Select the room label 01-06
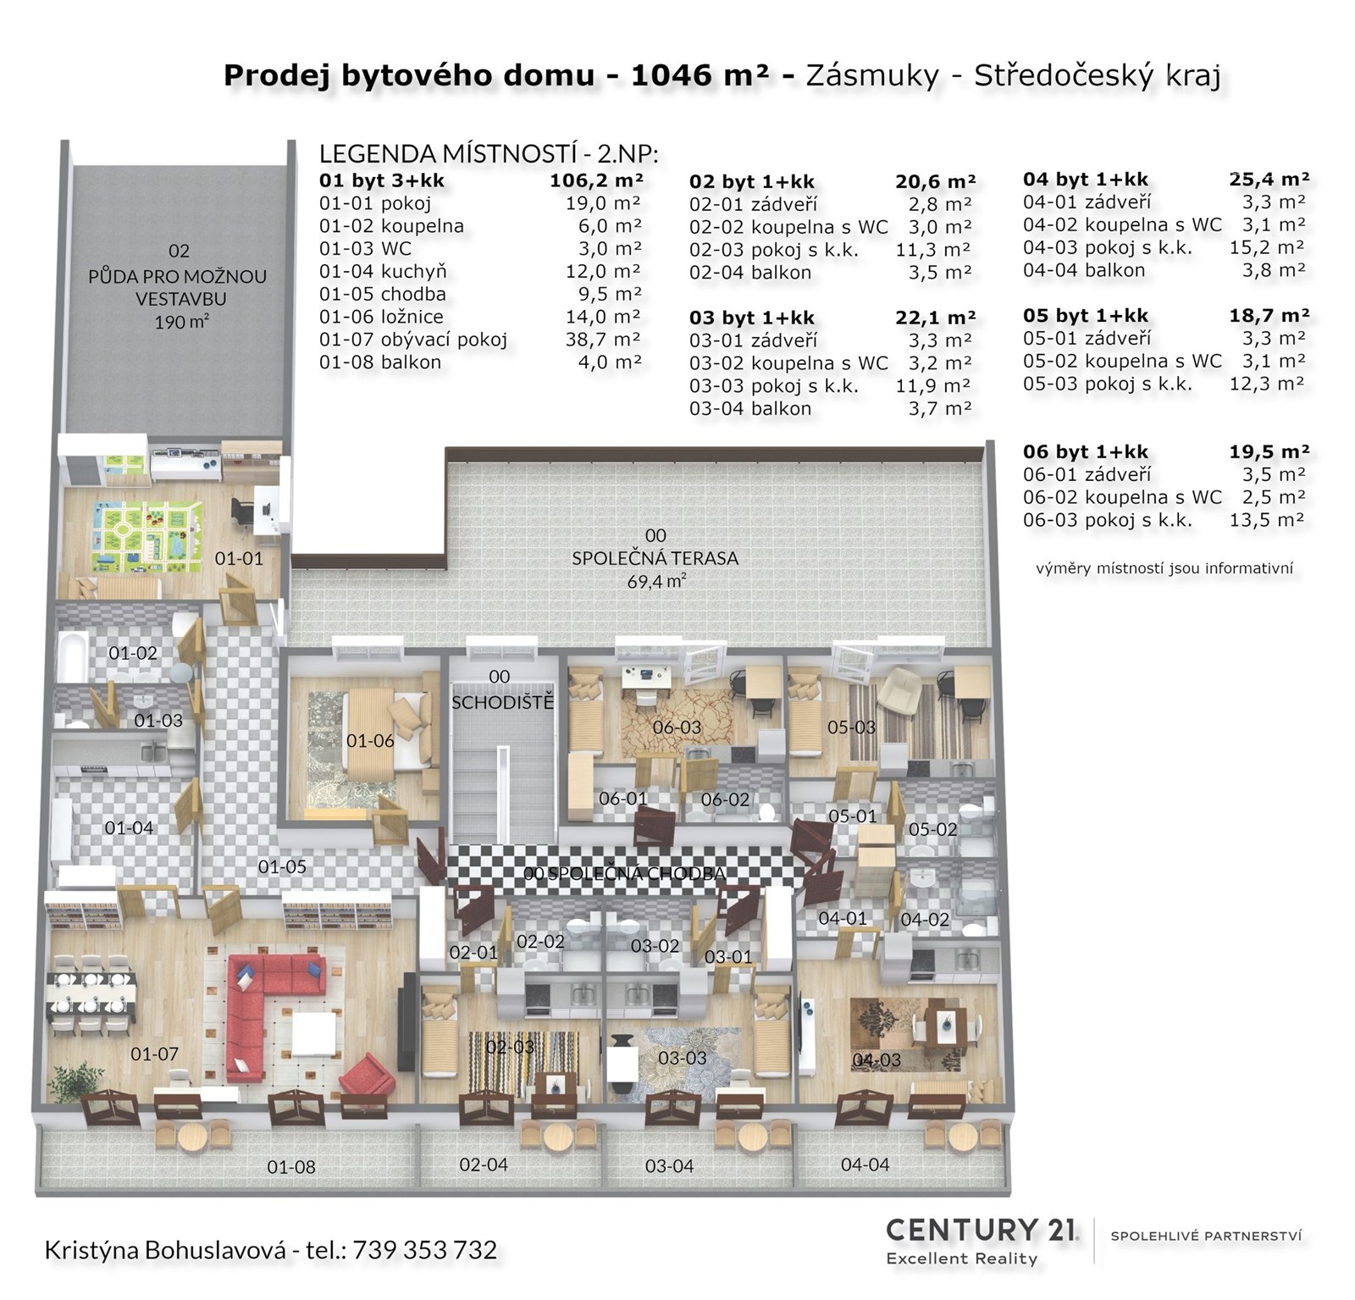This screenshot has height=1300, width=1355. (x=370, y=741)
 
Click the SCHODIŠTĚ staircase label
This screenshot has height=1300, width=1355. (x=502, y=703)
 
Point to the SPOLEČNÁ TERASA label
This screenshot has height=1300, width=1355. (x=655, y=558)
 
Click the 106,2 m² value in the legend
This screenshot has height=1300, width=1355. (x=596, y=180)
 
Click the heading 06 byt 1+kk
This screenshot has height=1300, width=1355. (x=1086, y=451)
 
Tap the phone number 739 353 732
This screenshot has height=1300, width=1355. (x=425, y=1249)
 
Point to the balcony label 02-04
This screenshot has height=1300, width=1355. (x=484, y=1164)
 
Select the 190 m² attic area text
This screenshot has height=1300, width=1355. (x=182, y=322)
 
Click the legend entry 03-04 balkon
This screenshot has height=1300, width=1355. (x=750, y=408)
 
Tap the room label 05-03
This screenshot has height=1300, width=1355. (x=851, y=727)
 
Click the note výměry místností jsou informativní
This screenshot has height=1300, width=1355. (x=1164, y=568)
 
